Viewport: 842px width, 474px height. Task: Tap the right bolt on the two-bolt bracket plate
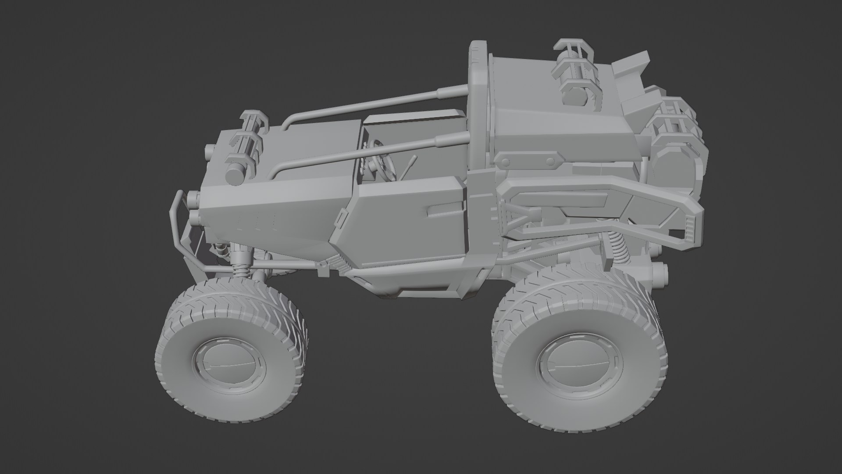(x=549, y=161)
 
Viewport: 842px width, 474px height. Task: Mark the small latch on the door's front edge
(x=340, y=219)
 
